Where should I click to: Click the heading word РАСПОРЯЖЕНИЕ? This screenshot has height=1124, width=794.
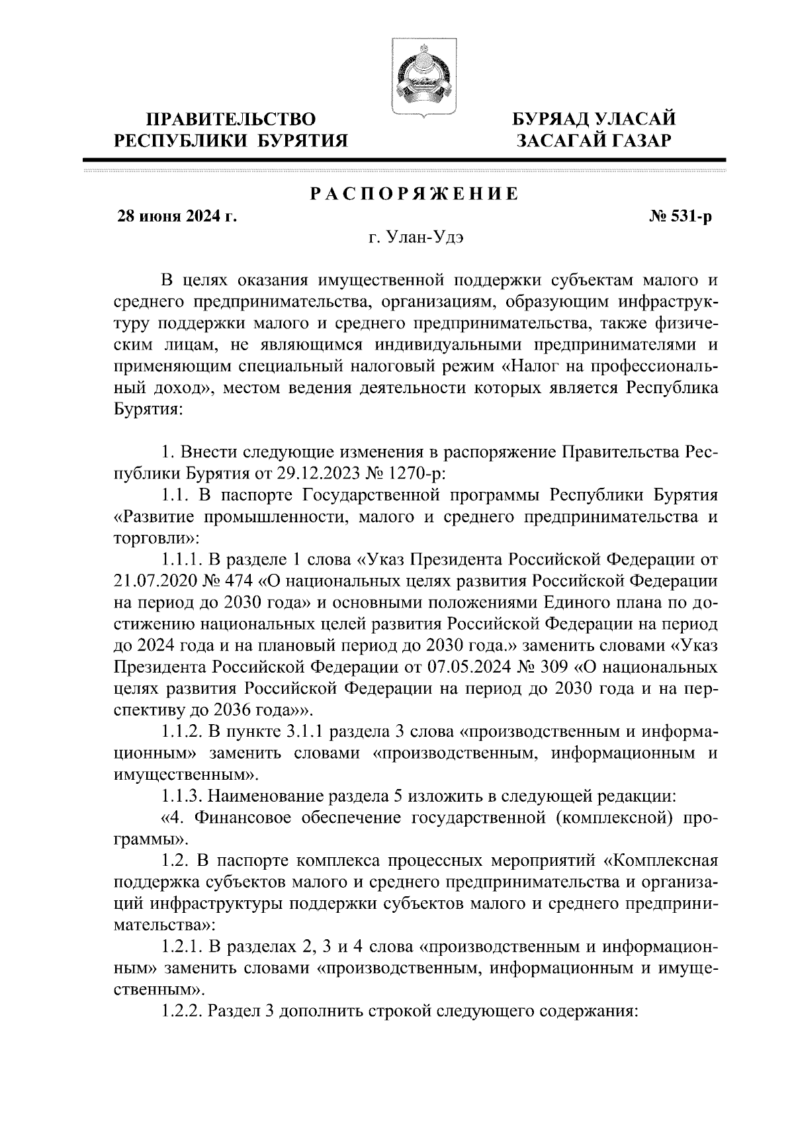414,195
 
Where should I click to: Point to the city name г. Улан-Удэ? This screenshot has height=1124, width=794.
414,239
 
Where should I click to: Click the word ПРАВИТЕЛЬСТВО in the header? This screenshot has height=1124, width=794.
231,119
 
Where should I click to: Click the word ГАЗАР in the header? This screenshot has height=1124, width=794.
635,140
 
